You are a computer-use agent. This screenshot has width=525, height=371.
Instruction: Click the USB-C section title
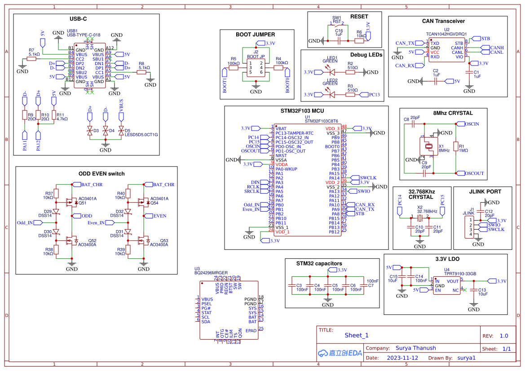[x=78, y=19]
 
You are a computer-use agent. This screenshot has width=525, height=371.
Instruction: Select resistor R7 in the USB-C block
[x=34, y=59]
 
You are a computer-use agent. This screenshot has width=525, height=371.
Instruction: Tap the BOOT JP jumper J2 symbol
[x=256, y=68]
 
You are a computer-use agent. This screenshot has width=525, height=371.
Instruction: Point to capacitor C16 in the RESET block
[x=339, y=40]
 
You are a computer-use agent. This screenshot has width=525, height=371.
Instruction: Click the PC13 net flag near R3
[x=374, y=95]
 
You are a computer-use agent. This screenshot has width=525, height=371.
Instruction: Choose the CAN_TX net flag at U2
[x=405, y=44]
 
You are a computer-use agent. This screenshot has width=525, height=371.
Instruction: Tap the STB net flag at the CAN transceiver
[x=485, y=39]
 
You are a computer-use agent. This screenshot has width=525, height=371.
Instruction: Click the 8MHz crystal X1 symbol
[x=428, y=146]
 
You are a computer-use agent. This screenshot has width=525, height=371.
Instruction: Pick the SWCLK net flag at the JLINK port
[x=495, y=229]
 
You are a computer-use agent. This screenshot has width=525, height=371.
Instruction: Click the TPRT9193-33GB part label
[x=460, y=273]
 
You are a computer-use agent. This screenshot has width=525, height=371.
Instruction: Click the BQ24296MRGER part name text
[x=211, y=273]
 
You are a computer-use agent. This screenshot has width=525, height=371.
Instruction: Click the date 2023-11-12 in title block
[x=402, y=358]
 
